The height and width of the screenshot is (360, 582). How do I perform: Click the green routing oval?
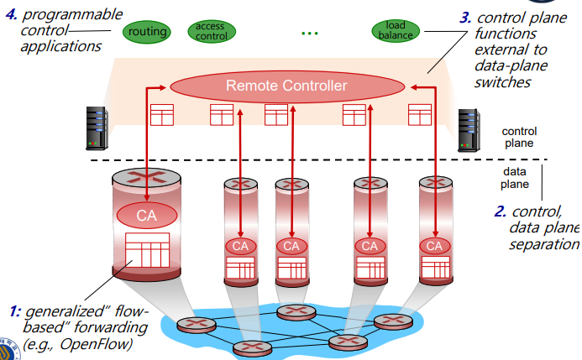click(x=147, y=32)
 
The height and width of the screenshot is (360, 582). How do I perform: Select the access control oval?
click(x=212, y=31)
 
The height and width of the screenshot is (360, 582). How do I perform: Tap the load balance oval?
click(x=396, y=30)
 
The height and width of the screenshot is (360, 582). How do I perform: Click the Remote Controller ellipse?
click(x=287, y=86)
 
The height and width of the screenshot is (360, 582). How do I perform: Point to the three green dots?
click(x=310, y=34)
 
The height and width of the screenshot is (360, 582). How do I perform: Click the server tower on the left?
click(x=97, y=128)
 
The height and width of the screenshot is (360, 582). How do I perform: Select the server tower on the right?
click(x=469, y=130)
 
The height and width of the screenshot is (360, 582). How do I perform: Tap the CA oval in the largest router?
click(x=147, y=216)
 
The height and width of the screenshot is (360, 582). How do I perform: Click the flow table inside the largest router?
click(x=147, y=250)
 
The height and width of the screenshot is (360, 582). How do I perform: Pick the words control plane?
click(x=519, y=137)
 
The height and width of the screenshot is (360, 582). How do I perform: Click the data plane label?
click(x=515, y=178)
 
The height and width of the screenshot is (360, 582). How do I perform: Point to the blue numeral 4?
click(x=11, y=15)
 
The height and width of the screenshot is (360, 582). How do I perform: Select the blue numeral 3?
click(x=465, y=18)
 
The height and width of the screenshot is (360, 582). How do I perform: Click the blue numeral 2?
click(x=500, y=211)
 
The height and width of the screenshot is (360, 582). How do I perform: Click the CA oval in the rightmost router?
click(x=435, y=246)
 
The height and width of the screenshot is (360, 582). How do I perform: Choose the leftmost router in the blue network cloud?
click(x=197, y=325)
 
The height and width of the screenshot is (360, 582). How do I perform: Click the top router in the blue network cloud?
click(x=296, y=312)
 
